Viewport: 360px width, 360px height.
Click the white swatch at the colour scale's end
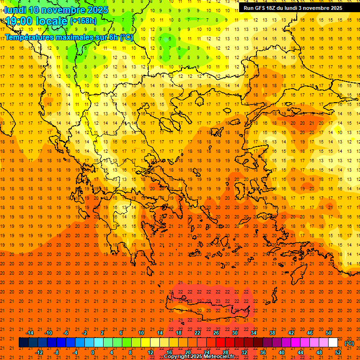tap(333, 343)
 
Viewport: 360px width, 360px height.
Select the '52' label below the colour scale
tap(338, 352)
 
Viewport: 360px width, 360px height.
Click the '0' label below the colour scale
tap(93, 352)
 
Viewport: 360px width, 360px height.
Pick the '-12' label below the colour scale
tap(39, 352)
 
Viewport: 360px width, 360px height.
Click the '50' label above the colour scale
tap(329, 333)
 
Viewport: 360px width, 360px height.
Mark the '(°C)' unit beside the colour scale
tap(349, 343)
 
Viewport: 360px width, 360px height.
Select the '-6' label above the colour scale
tap(66, 333)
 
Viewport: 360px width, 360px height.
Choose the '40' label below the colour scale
tap(282, 352)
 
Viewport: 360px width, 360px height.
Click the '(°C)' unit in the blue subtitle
tap(126, 37)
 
